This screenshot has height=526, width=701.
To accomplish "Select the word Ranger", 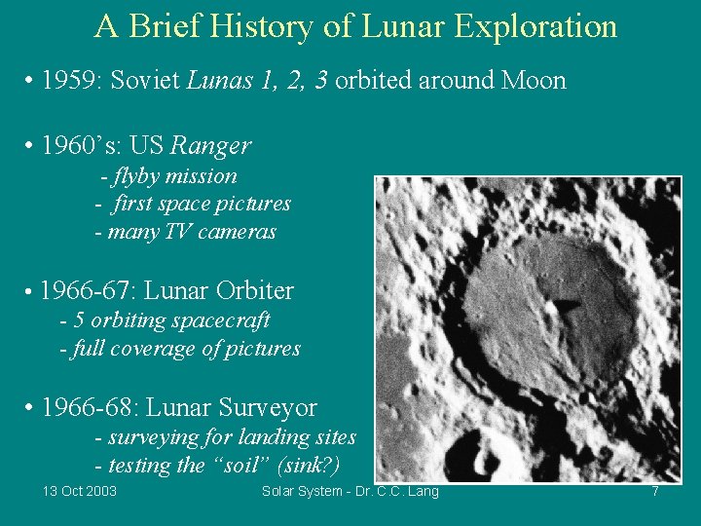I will click(x=210, y=146).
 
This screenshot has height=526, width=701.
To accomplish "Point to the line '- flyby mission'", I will click(x=168, y=176).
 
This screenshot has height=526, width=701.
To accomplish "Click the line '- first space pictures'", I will click(x=193, y=204).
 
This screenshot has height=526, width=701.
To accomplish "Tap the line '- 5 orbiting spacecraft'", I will click(x=165, y=320).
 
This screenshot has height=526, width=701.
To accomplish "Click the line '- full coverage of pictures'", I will click(x=180, y=348).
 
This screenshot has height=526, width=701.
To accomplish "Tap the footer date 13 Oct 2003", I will click(x=80, y=491).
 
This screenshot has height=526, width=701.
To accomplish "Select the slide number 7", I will click(x=655, y=491).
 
